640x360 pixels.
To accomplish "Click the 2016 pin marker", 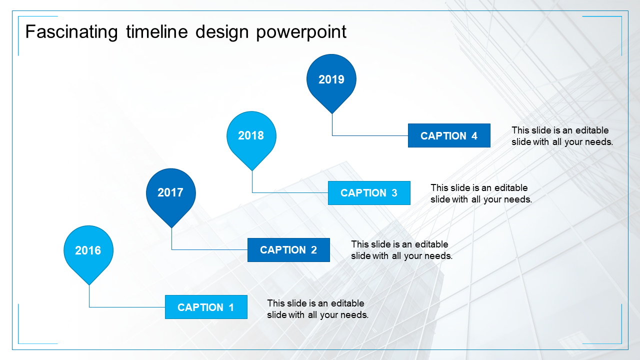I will [x=88, y=250].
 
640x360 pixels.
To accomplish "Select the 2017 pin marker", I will [x=171, y=192].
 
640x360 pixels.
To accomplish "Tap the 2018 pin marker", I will [x=251, y=135].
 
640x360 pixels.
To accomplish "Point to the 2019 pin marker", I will [x=331, y=79].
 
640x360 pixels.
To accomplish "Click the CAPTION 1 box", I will [x=206, y=307].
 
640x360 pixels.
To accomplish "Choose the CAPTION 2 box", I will [x=288, y=250].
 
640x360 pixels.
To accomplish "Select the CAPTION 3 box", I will [x=369, y=193].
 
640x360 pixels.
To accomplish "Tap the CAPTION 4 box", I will [x=449, y=135].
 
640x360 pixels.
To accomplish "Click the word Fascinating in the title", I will [x=71, y=32].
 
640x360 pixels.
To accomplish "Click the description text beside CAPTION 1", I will [x=317, y=309].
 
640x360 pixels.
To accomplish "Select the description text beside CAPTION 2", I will [x=401, y=250].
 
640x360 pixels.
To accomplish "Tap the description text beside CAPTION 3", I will [x=481, y=193].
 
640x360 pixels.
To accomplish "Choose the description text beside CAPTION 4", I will [x=562, y=136].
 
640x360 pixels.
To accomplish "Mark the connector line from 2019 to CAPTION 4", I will [x=370, y=135].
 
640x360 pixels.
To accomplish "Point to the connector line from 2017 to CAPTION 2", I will [x=210, y=249].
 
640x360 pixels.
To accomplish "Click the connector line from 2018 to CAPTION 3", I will [x=290, y=192].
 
